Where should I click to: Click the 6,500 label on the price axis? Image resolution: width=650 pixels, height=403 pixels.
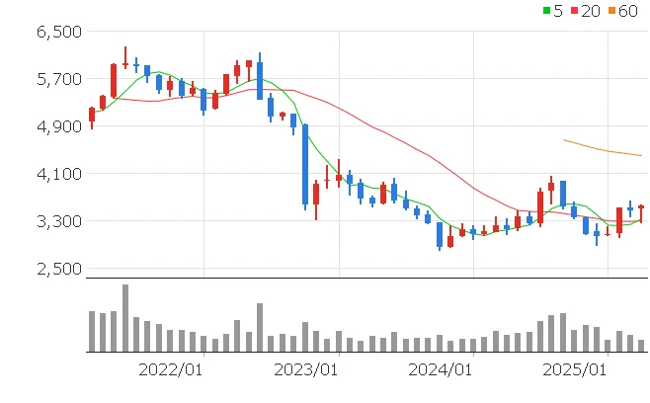[57, 32]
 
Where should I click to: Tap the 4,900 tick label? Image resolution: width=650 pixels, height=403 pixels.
[57, 126]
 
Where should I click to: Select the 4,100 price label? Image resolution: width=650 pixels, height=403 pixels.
[57, 174]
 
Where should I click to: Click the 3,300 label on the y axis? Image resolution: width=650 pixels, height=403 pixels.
[57, 221]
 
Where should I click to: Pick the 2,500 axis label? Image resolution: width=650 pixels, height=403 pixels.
[57, 269]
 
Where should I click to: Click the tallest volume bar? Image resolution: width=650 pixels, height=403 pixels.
[125, 317]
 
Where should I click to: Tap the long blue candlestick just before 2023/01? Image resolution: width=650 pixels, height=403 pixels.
[305, 165]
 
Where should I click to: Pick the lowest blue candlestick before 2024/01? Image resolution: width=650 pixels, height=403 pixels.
[440, 235]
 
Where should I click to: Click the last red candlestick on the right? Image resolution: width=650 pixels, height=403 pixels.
[641, 211]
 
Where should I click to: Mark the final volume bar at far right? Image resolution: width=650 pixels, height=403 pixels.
[641, 345]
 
